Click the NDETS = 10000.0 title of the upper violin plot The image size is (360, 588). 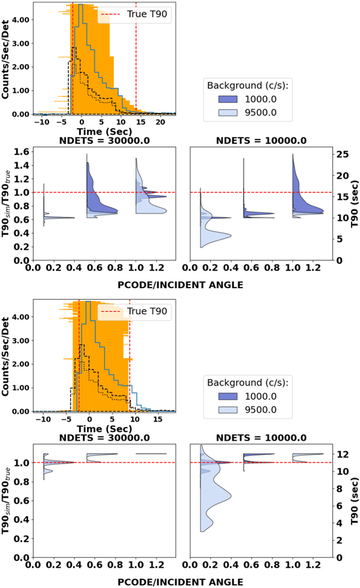[260, 139]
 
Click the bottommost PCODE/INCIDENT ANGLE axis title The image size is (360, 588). [178, 580]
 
